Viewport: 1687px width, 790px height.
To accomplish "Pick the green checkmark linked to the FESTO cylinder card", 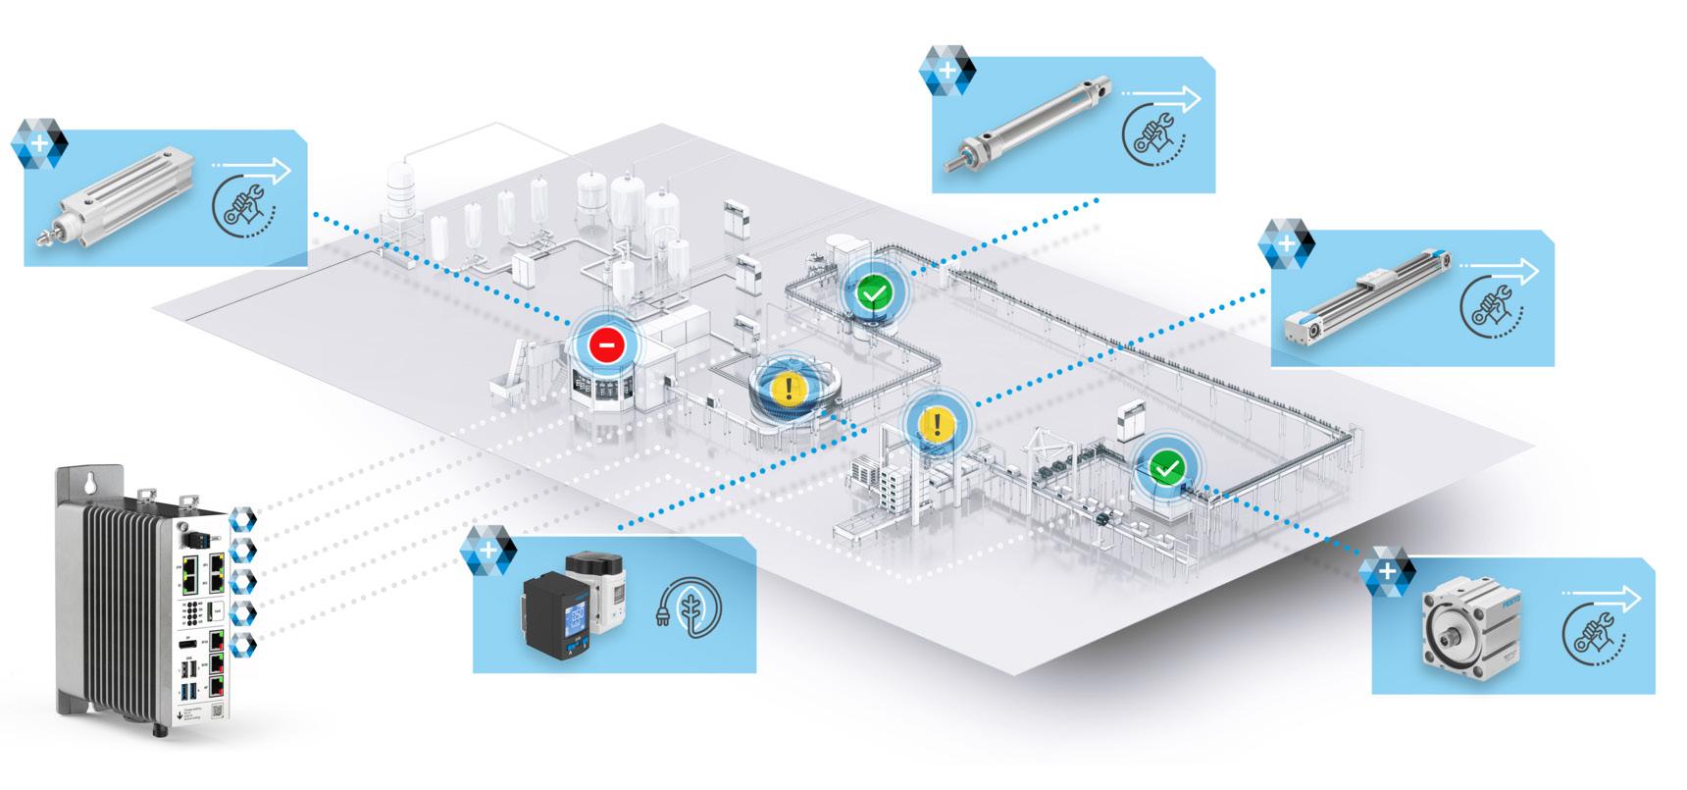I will [1164, 468].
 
